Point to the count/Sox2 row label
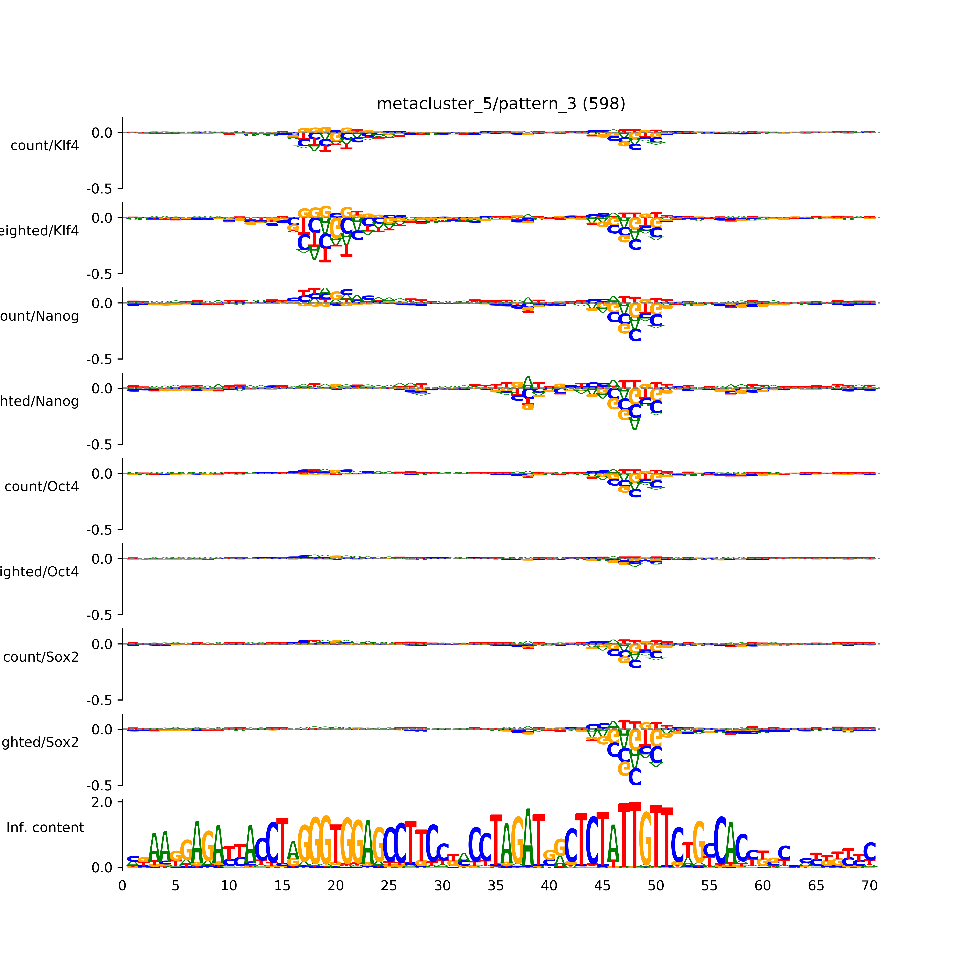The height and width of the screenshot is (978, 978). (41, 657)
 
